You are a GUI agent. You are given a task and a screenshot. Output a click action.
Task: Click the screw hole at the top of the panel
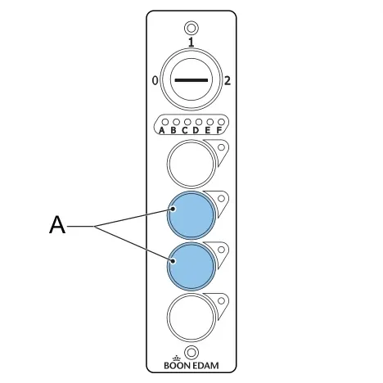191,28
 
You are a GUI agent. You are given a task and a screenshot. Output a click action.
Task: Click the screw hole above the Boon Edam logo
191,353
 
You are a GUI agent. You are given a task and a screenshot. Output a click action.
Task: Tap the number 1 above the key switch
191,42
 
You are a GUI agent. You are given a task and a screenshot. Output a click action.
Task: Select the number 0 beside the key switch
155,81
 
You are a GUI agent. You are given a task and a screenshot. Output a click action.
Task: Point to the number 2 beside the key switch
228,81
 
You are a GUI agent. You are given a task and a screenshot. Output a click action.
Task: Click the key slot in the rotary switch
191,80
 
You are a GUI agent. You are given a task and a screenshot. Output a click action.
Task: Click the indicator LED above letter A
165,122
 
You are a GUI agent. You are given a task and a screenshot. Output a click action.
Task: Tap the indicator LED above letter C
187,122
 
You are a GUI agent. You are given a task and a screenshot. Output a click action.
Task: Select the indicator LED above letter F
221,122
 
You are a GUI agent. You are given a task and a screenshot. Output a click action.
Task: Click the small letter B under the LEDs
173,130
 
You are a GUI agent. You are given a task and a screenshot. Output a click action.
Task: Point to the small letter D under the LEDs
196,130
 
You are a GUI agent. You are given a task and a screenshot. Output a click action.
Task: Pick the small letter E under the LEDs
208,130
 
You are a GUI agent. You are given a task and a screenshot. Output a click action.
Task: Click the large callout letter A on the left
57,224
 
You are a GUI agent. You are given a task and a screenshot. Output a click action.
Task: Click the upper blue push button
191,215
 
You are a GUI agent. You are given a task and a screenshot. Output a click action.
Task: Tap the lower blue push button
191,267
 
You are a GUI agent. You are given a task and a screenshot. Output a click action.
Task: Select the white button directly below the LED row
191,164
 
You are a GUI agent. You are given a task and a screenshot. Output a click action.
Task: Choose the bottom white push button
191,318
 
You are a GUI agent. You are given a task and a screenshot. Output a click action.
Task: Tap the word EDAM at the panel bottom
205,365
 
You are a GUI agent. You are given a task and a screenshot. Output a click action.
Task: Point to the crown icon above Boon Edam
177,358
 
